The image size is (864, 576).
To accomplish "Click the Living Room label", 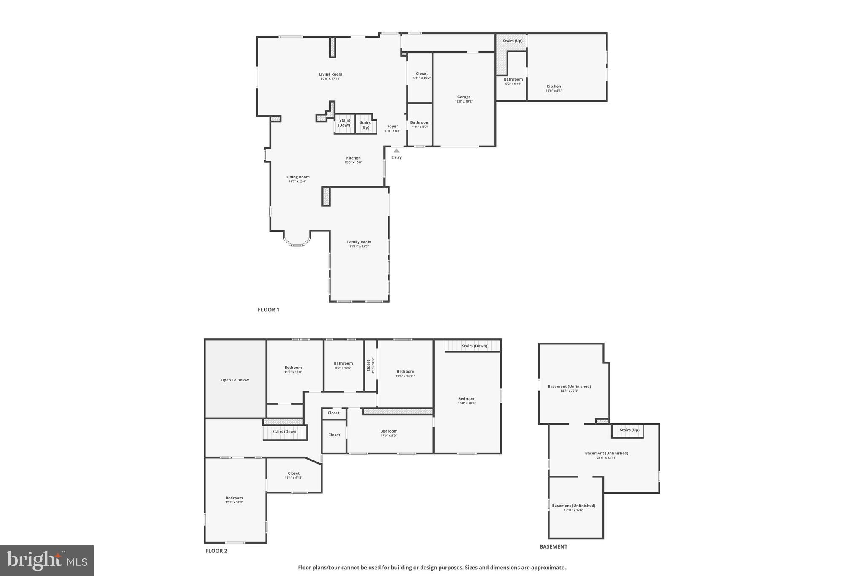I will tap(330, 75).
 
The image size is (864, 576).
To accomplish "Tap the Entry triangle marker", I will tap(396, 151).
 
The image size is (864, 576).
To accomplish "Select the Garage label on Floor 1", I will tap(464, 97).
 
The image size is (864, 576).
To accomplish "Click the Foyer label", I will tap(392, 126).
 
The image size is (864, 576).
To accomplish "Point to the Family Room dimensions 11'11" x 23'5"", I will tap(359, 246).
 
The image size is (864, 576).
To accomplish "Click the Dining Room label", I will tap(297, 177).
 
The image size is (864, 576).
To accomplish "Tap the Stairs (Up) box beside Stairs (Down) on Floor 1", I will tap(365, 125).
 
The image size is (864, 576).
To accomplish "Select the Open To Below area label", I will tap(235, 380).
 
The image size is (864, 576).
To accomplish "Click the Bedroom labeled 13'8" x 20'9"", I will tap(467, 399).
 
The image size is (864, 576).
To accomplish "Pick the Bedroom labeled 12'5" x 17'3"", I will tap(234, 498).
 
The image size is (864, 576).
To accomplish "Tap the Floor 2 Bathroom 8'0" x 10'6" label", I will tap(343, 363).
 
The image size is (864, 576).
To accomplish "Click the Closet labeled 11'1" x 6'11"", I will tap(294, 473).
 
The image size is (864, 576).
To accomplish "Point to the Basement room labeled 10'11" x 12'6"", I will tap(573, 506).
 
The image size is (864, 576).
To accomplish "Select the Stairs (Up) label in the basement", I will tap(629, 430).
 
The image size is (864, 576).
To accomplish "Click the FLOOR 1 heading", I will tap(268, 310).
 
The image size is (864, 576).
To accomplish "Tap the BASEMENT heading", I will tap(553, 546).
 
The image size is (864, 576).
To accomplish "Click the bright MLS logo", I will tap(47, 560).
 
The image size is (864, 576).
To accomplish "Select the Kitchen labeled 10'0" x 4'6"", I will tap(553, 87).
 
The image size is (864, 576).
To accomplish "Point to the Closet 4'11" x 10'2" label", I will tap(421, 74).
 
